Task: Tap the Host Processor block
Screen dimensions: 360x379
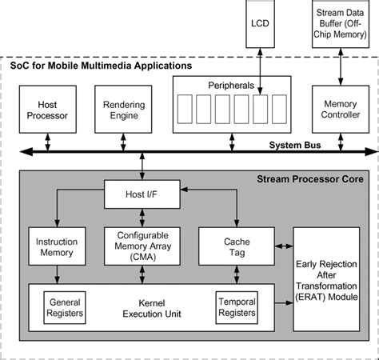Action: [x=46, y=110]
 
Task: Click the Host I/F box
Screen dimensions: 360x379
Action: [x=142, y=192]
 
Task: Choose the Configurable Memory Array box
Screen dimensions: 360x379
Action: [x=142, y=246]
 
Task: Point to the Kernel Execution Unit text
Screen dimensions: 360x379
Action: [x=151, y=307]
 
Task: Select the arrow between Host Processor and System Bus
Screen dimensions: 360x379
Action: [x=46, y=139]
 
